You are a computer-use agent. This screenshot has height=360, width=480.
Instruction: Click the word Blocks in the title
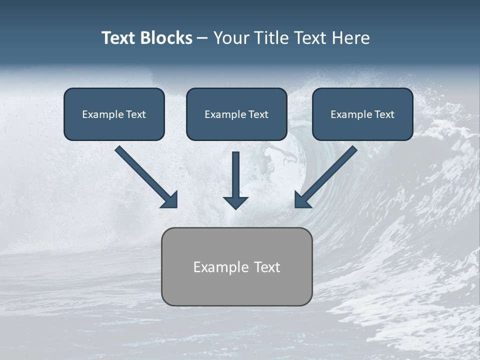pos(166,38)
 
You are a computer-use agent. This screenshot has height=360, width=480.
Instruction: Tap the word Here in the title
pos(350,38)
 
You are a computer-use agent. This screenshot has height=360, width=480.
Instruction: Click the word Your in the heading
pos(232,38)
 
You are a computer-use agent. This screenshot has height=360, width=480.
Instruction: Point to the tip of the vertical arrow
pos(235,207)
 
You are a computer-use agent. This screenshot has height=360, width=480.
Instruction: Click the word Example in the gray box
pos(214,267)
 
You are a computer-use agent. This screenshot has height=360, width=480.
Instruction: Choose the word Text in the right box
pos(384,114)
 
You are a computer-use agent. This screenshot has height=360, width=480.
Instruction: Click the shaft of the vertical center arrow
pos(235,172)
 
